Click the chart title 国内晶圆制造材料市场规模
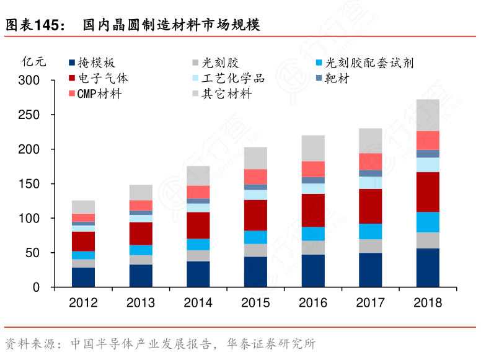click(171, 25)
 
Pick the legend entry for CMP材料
click(99, 94)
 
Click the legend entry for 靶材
click(337, 79)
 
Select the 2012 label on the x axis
click(83, 303)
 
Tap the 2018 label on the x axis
click(428, 303)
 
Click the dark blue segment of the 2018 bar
click(428, 268)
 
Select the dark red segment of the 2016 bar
click(313, 210)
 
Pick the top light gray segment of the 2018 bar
click(428, 115)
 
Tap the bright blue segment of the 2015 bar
click(255, 237)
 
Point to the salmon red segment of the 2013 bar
click(141, 205)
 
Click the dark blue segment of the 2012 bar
click(83, 277)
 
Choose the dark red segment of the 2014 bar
click(198, 225)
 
